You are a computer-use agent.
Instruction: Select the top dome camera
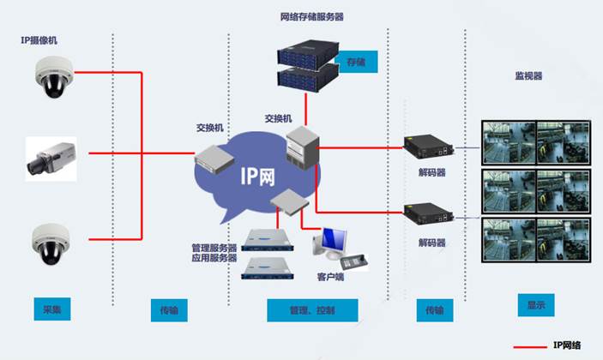[x=51, y=76]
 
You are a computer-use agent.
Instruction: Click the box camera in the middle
[x=51, y=159]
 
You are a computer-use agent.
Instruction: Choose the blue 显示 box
[x=536, y=304]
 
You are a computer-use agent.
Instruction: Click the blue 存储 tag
[x=355, y=63]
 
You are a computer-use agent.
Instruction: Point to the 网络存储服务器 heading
[x=314, y=17]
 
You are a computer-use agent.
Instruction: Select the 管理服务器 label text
[x=214, y=248]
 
